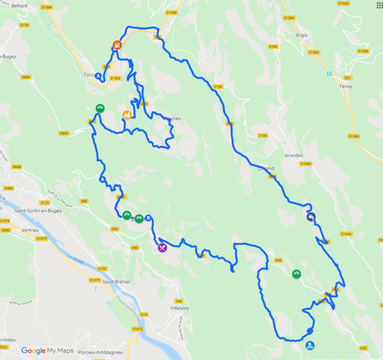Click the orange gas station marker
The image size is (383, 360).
click(117, 45)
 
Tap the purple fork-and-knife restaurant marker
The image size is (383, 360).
click(162, 247)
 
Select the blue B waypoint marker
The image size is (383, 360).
click(148, 218)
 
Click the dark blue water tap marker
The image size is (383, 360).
click(311, 218)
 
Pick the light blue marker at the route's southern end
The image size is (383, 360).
click(310, 346)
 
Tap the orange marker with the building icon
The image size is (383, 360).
click(127, 115)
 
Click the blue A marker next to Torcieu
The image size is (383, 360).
click(98, 76)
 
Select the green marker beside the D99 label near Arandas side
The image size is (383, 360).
click(296, 274)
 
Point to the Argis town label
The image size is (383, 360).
click(301, 35)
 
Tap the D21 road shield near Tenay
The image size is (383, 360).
click(348, 77)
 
